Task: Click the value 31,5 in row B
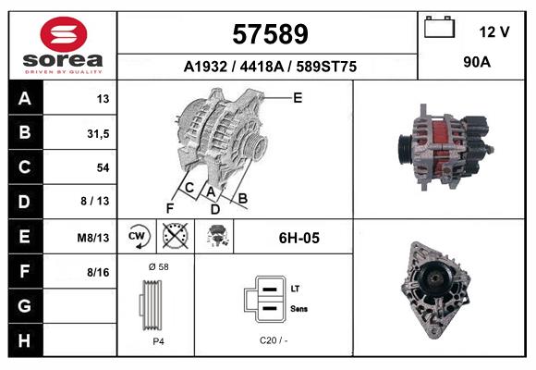[97, 133]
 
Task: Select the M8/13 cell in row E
[95, 238]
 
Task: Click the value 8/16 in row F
[97, 272]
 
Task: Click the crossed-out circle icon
[173, 237]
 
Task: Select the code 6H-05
[298, 238]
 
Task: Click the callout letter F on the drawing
[169, 206]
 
